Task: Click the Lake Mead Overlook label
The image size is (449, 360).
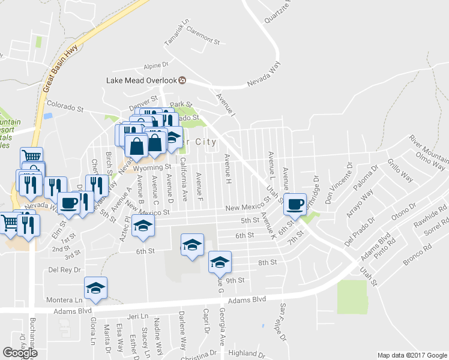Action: point(142,80)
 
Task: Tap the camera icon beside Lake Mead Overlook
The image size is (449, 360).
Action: point(182,80)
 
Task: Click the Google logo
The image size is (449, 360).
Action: point(20,353)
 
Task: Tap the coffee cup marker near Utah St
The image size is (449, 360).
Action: point(295,204)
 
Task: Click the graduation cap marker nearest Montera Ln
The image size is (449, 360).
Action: point(95,288)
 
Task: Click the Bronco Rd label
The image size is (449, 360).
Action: point(417,252)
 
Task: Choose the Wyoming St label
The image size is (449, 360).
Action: point(157,167)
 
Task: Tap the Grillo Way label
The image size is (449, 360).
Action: point(400,169)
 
